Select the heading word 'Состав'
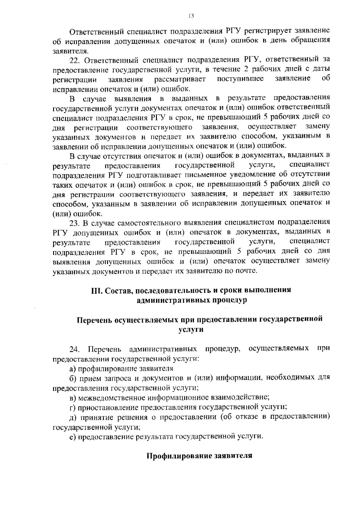pos(117,291)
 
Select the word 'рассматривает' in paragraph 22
pos(180,79)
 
